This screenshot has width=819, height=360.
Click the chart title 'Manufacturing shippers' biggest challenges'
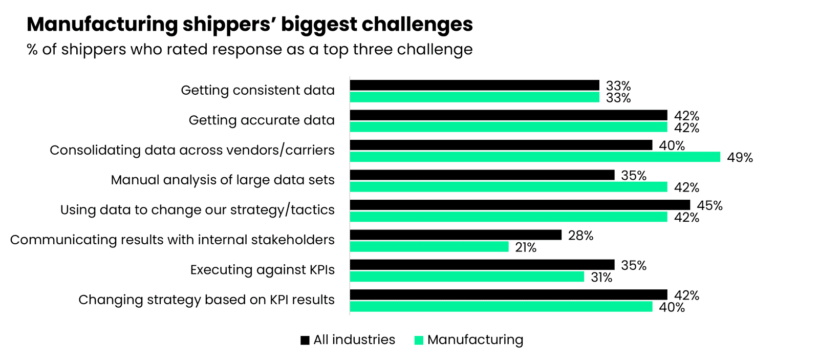coord(249,25)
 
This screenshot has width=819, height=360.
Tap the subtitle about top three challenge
coord(249,50)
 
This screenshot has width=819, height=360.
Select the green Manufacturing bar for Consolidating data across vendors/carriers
coord(535,157)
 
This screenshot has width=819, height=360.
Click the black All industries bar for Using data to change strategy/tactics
coord(520,205)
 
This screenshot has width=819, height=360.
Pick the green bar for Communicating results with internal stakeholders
coord(429,247)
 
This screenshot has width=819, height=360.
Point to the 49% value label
coord(740,158)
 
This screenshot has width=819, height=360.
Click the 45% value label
coord(709,206)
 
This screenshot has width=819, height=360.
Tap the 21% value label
coord(525,248)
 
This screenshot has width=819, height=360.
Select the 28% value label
coord(580,236)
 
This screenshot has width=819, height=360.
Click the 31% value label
coord(601,278)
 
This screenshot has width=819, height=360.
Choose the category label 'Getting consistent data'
coord(257,91)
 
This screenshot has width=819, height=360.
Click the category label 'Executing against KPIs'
coord(262,270)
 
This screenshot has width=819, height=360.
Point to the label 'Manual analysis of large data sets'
coord(222,180)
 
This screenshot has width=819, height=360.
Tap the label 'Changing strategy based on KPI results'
coord(206,300)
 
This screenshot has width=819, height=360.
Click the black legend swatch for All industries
coord(305,340)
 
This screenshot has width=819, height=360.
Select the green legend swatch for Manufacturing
coord(419,340)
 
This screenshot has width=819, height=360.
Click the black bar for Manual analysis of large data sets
coord(482,175)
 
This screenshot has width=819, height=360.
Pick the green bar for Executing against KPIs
coord(467,277)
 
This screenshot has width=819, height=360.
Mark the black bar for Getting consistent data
coord(475,85)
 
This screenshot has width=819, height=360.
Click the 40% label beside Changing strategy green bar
coord(672,307)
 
